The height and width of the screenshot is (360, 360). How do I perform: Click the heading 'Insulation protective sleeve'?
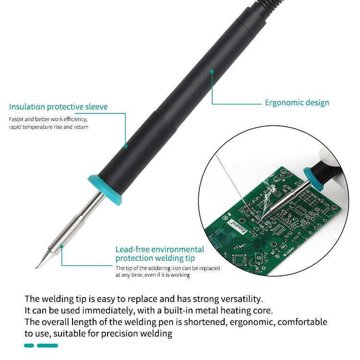tap(58, 107)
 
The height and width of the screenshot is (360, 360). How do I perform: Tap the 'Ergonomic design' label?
tap(297, 102)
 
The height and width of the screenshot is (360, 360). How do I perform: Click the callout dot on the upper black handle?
tap(212, 71)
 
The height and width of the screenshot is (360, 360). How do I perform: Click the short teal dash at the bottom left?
tap(29, 346)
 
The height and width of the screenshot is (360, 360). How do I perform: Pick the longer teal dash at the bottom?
tap(48, 346)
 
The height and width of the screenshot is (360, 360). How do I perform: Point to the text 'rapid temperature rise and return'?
tap(48, 127)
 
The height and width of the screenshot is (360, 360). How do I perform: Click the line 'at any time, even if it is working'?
tap(153, 275)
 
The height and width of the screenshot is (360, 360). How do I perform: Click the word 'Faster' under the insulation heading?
tap(17, 119)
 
